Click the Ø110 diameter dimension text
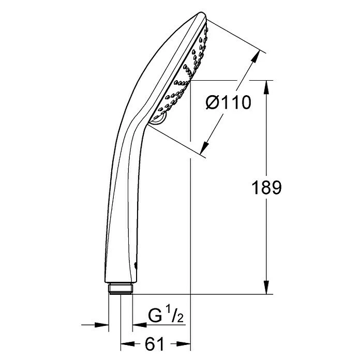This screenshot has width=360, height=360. [228, 102]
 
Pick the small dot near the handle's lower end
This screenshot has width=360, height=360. [136, 265]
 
